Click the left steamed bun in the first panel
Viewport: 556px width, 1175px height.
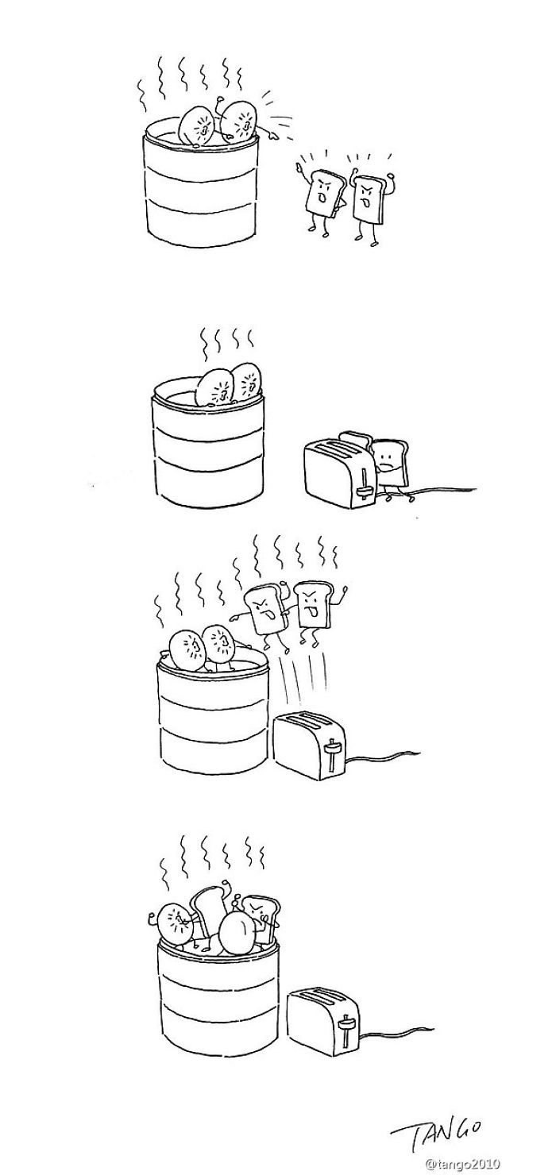tap(196, 125)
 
